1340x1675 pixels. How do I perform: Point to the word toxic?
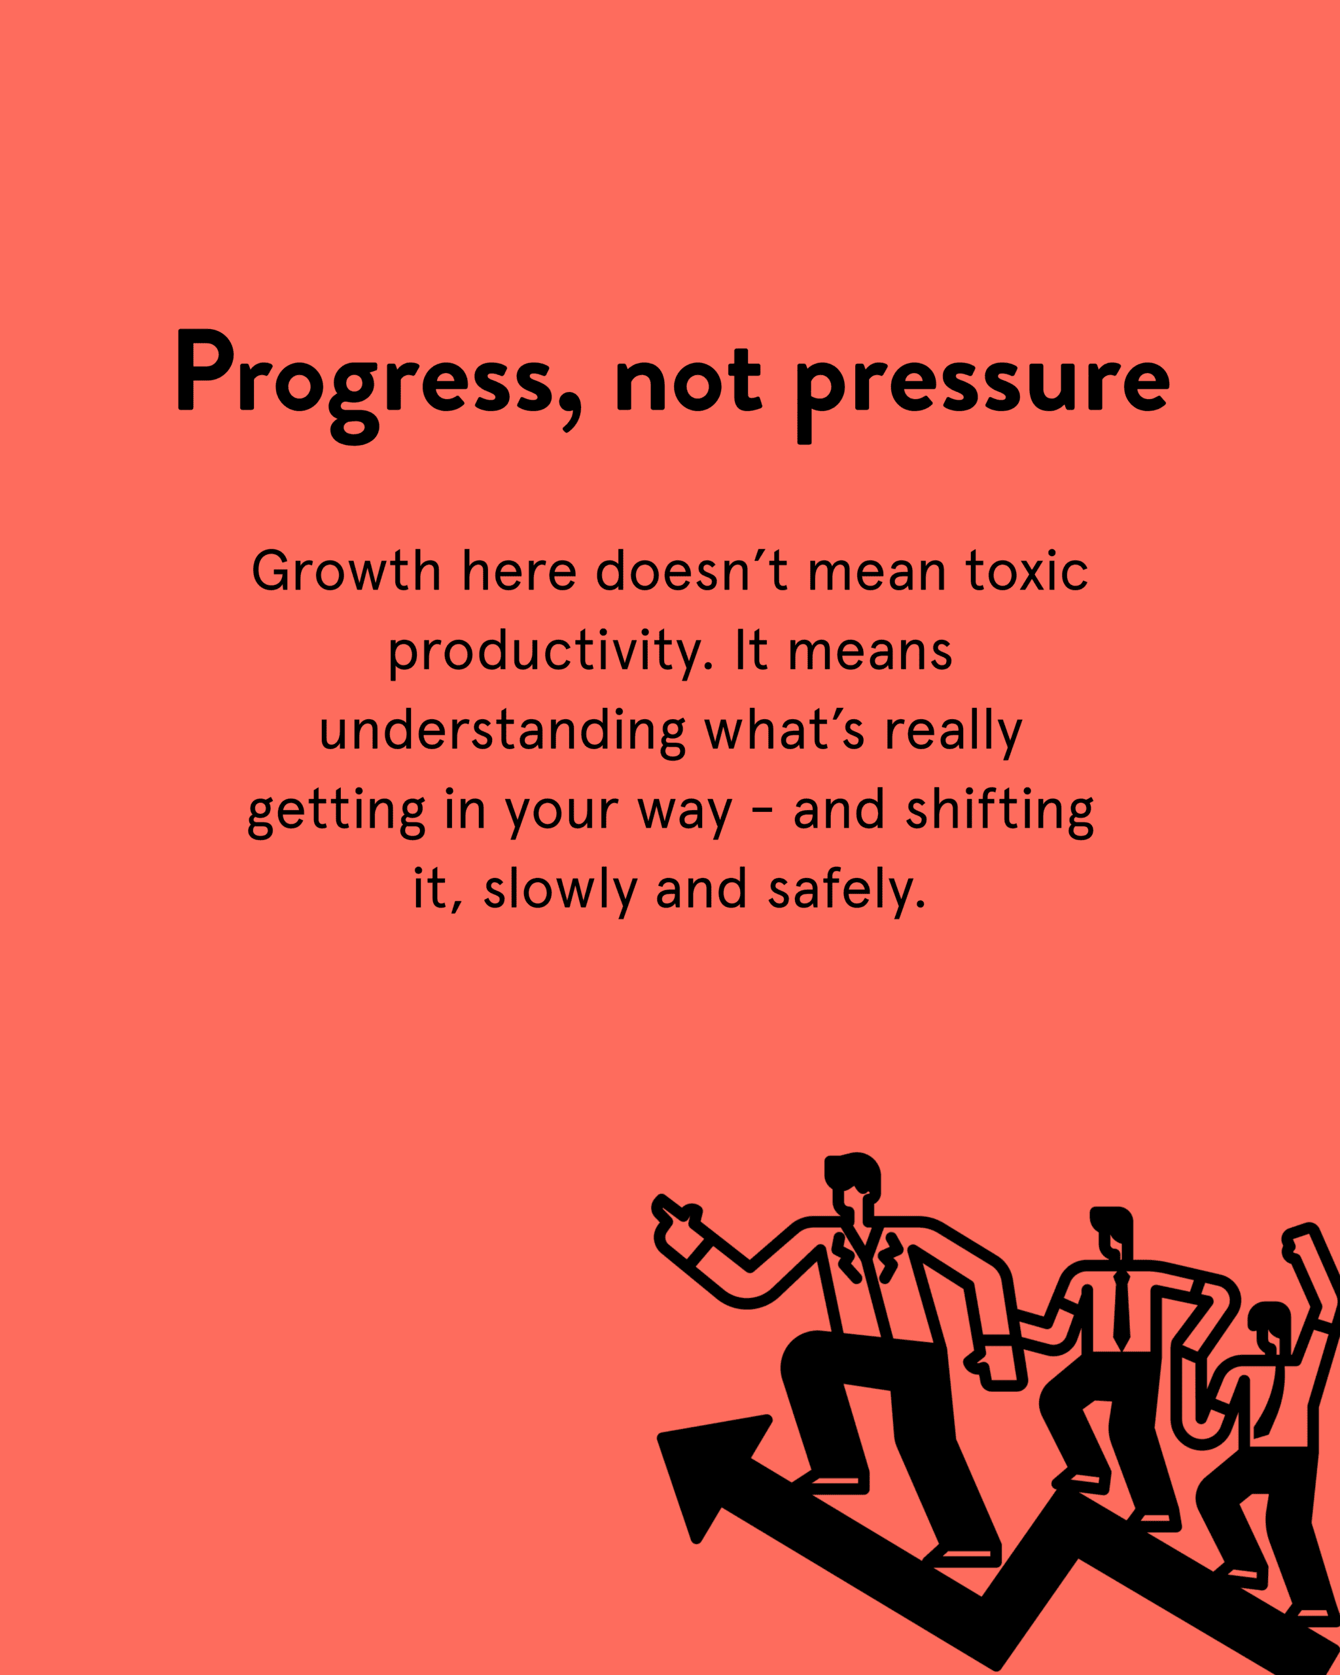1027,571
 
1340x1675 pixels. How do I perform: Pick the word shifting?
1000,812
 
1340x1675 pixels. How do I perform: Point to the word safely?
847,891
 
